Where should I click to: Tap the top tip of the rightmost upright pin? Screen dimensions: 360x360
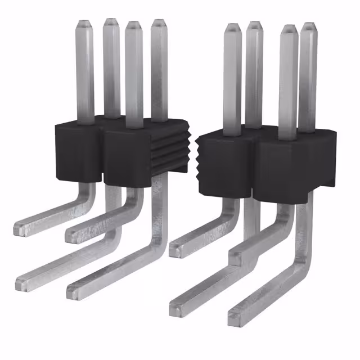[x=308, y=26]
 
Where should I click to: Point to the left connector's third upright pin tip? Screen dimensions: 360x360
[x=133, y=25]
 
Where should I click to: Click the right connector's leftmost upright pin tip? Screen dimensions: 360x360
[x=232, y=28]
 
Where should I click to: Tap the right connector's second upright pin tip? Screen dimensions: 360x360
[x=254, y=25]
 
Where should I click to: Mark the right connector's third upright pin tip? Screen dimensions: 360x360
[x=287, y=29]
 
